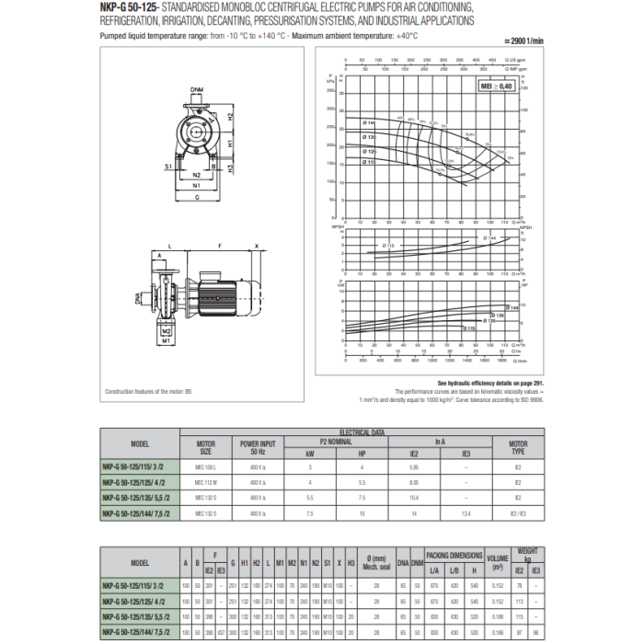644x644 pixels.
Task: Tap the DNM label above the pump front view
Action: pos(197,89)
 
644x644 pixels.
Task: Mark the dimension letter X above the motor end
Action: pos(257,247)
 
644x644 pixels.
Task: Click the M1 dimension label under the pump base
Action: pos(167,339)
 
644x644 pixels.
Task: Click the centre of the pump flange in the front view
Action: pos(195,136)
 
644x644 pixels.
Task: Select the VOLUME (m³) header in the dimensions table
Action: pos(498,560)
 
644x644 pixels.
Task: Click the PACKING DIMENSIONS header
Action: pos(454,556)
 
